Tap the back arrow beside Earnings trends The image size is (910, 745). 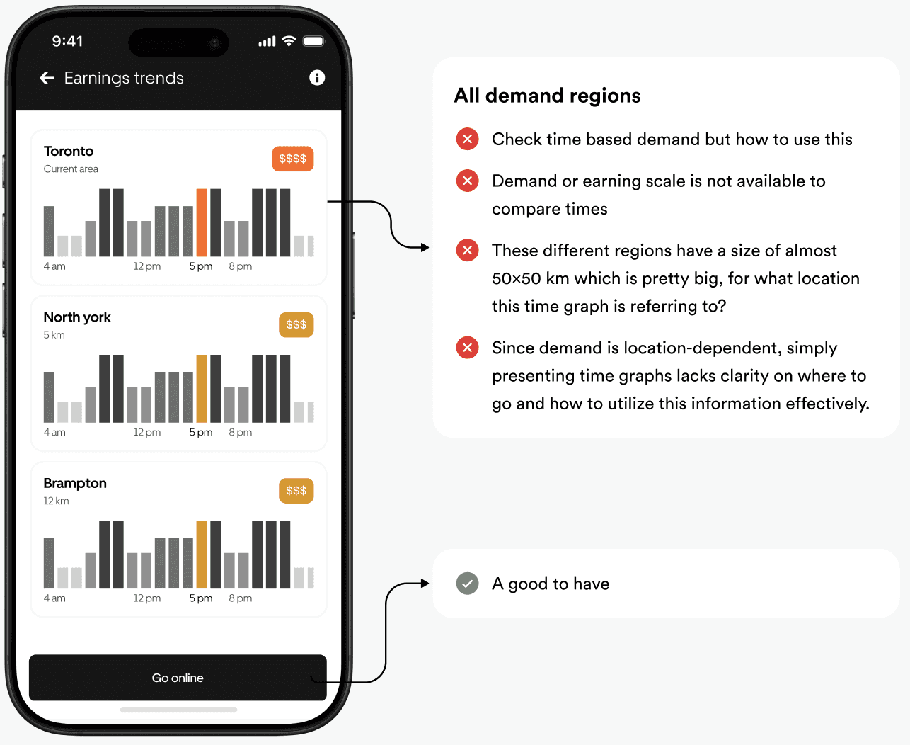click(x=47, y=78)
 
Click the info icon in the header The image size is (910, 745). click(x=317, y=78)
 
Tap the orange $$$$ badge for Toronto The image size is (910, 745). click(x=292, y=159)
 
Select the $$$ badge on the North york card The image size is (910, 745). click(x=296, y=325)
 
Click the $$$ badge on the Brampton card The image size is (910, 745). click(x=296, y=491)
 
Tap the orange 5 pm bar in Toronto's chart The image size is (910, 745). click(x=202, y=222)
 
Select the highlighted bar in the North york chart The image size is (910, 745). click(x=202, y=388)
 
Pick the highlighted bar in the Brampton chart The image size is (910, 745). click(x=202, y=554)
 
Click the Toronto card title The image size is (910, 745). click(x=69, y=151)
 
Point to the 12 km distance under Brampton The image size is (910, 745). click(x=56, y=501)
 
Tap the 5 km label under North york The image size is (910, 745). click(x=54, y=335)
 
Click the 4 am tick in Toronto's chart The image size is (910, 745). click(x=54, y=266)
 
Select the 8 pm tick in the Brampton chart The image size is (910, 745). click(x=241, y=598)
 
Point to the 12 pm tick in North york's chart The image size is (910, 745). click(x=146, y=432)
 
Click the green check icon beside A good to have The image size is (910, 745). click(x=467, y=584)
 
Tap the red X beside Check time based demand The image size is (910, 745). click(x=467, y=139)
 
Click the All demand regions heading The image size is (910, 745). click(x=547, y=96)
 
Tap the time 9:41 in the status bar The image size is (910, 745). click(x=67, y=41)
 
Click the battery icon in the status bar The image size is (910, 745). click(x=313, y=41)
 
